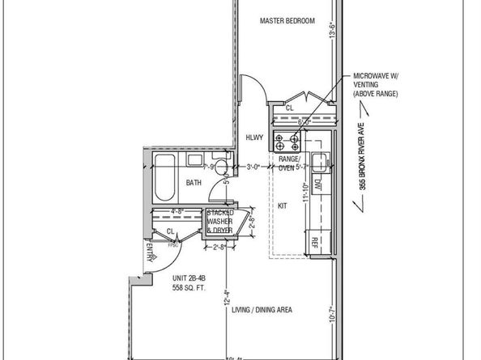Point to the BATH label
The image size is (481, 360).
tap(194, 183)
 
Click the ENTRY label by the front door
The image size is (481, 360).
tap(151, 258)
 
